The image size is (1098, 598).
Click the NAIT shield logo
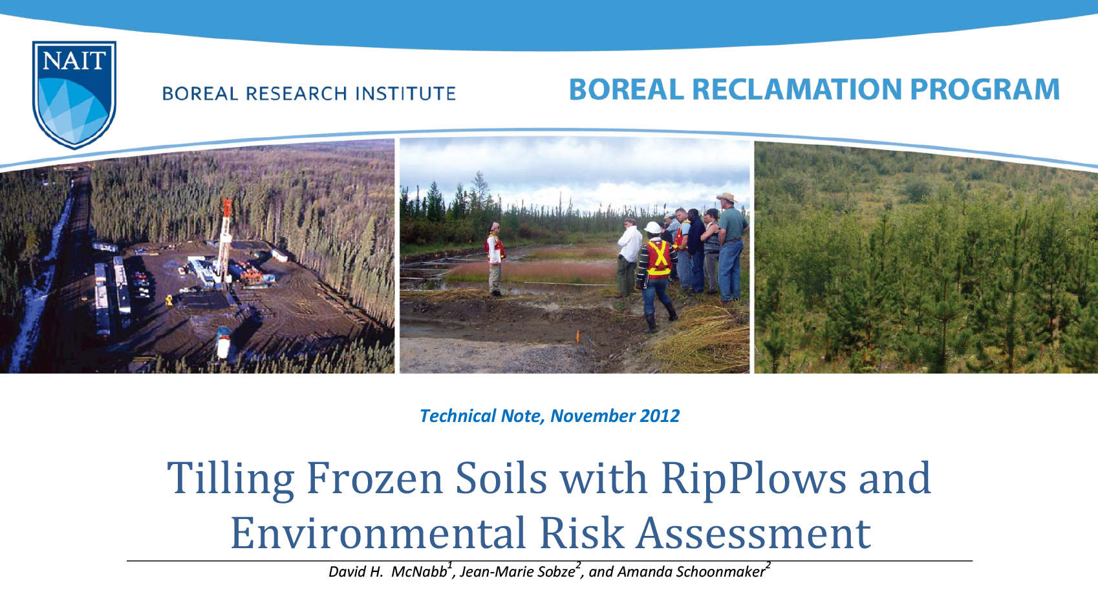74,94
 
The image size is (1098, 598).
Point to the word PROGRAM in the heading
984,89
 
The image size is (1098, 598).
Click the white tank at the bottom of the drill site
224,342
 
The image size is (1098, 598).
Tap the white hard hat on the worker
653,228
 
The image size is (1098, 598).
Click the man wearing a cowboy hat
731,246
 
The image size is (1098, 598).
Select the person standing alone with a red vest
495,258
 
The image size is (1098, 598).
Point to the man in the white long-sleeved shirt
629,256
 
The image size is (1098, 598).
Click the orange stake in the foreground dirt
577,335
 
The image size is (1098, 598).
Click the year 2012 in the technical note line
660,415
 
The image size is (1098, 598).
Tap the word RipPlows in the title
753,479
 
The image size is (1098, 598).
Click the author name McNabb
419,572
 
